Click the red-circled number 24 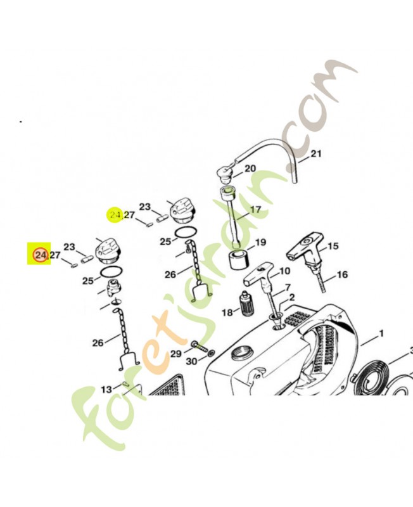[x=41, y=255]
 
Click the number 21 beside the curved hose [x=316, y=153]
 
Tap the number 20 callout [x=250, y=168]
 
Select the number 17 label [x=255, y=210]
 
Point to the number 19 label [x=260, y=242]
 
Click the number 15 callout [x=333, y=246]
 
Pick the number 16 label [x=342, y=274]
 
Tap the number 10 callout [x=284, y=271]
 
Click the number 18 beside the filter [x=227, y=312]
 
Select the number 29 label [x=176, y=354]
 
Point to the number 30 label [x=191, y=361]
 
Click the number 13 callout [x=106, y=389]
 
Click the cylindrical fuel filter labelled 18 [x=246, y=300]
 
